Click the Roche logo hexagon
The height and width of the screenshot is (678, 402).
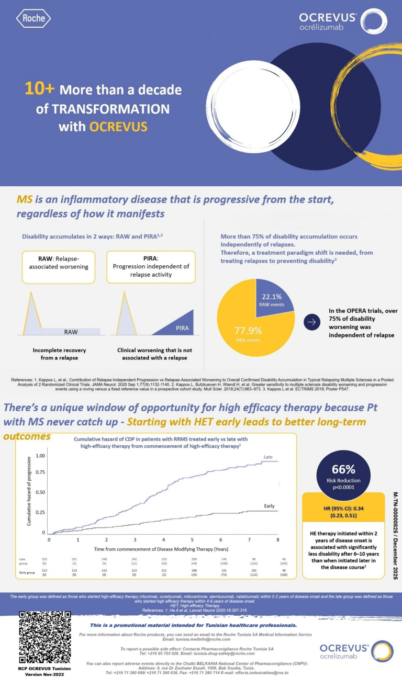click(34, 19)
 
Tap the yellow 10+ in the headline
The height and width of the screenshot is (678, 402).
click(39, 89)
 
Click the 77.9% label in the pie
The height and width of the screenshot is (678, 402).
click(248, 331)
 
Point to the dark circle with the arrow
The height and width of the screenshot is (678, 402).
click(311, 322)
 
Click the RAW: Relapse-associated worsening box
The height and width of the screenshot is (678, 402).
click(59, 267)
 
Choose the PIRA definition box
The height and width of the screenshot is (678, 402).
click(150, 267)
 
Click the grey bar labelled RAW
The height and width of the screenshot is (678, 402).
click(71, 332)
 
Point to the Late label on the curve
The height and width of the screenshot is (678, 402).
click(268, 457)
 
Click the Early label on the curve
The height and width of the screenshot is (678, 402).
click(269, 506)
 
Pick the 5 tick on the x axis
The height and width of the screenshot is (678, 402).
click(192, 539)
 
